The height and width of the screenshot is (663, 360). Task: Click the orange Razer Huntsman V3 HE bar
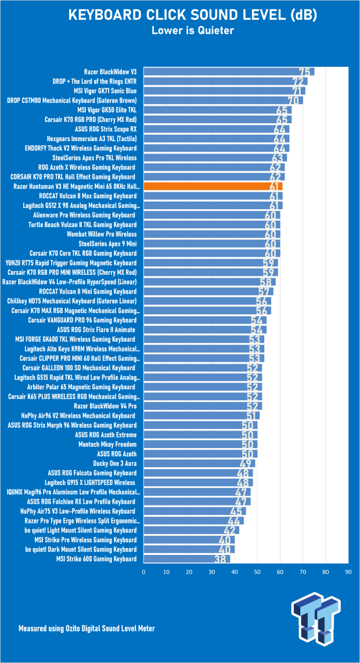tap(213, 187)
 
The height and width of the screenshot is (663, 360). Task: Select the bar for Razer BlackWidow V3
tap(229, 71)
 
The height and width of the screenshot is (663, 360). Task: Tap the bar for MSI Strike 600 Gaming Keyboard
tap(187, 559)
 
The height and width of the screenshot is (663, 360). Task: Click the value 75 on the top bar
tap(304, 72)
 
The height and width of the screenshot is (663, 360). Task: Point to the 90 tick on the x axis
tap(348, 572)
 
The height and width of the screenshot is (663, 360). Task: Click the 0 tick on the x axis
tap(143, 572)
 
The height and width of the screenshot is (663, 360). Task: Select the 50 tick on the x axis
tap(257, 572)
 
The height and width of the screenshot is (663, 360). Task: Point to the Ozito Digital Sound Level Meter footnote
tap(87, 628)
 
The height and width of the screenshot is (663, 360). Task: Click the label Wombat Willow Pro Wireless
tap(102, 234)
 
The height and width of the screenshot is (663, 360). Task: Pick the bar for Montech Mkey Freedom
tap(200, 445)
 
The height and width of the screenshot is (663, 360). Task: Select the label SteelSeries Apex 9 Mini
tap(108, 244)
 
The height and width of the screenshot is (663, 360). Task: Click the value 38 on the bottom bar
tap(219, 560)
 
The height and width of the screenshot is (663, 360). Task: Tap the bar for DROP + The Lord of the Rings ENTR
tap(226, 81)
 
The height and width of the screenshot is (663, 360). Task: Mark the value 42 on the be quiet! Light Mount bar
tap(229, 531)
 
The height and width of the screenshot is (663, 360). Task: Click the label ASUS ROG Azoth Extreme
tap(106, 435)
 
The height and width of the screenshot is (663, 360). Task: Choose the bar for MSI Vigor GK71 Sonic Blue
tap(224, 91)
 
